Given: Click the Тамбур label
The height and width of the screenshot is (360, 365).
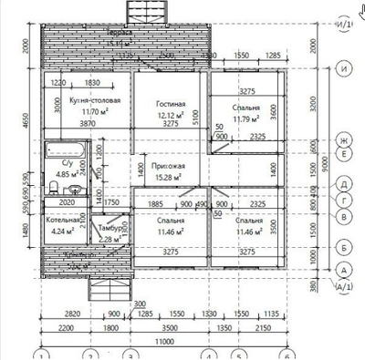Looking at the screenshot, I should pos(111,229).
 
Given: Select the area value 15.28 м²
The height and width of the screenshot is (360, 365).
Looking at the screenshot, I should pos(170,178).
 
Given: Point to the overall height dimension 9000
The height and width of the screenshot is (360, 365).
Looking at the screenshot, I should pos(325,166).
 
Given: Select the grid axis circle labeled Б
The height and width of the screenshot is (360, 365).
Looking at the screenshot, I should pos(343,246).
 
